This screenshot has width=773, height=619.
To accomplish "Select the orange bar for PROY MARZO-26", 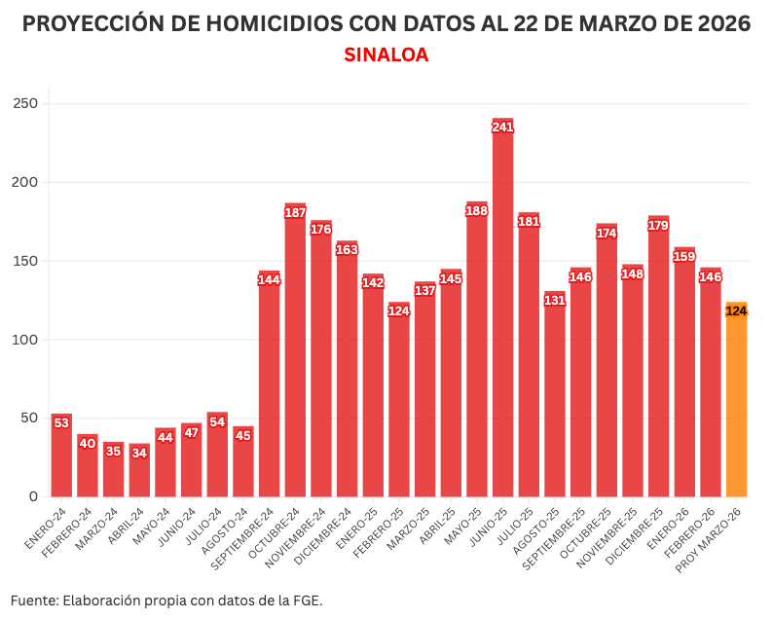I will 736,409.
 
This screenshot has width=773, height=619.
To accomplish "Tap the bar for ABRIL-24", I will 139,472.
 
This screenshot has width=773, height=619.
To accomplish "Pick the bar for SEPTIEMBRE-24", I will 269,389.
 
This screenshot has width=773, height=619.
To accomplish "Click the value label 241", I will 502,127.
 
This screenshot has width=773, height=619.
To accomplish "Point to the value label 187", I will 295,212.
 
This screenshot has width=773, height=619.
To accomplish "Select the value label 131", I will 555,300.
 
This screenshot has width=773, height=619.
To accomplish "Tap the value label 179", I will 658,225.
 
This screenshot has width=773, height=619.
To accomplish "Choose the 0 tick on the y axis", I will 32,496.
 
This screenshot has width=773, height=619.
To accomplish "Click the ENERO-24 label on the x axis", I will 48,527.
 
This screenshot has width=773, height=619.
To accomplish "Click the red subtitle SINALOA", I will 386,55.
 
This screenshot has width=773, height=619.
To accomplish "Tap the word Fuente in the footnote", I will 33,600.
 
